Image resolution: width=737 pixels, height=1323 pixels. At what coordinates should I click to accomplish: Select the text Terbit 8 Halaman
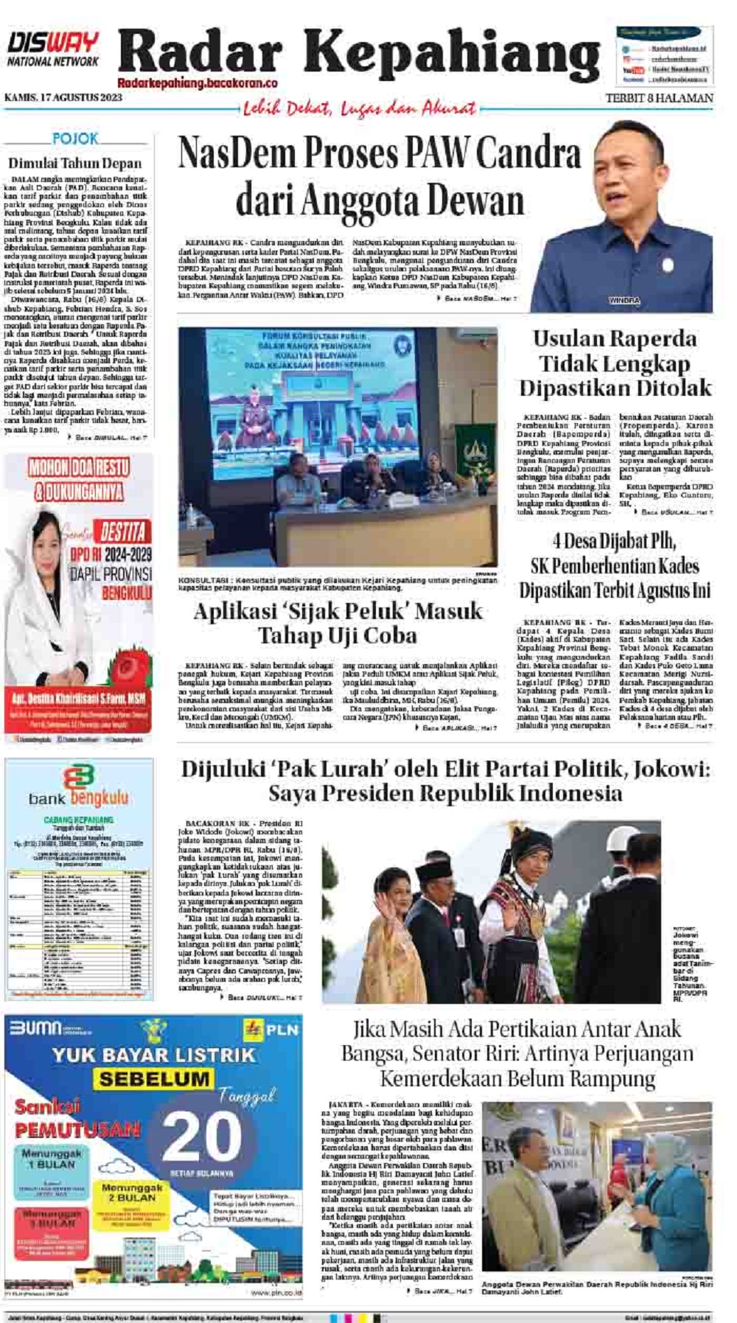(x=659, y=98)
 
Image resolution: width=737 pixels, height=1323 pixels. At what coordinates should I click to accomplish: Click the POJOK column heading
(x=75, y=138)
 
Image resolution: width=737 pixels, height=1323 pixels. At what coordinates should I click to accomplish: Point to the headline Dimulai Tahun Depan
(x=75, y=163)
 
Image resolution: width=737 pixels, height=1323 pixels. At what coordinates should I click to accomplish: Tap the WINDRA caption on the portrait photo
(x=624, y=301)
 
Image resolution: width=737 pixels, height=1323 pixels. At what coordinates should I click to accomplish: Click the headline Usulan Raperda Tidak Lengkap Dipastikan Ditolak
(x=615, y=363)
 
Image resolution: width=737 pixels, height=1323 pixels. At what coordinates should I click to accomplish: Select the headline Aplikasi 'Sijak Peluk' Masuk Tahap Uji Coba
(x=338, y=623)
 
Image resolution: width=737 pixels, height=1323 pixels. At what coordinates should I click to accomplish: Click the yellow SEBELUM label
(x=154, y=1079)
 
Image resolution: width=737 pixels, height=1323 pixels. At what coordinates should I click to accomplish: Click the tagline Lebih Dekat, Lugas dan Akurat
(x=360, y=109)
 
